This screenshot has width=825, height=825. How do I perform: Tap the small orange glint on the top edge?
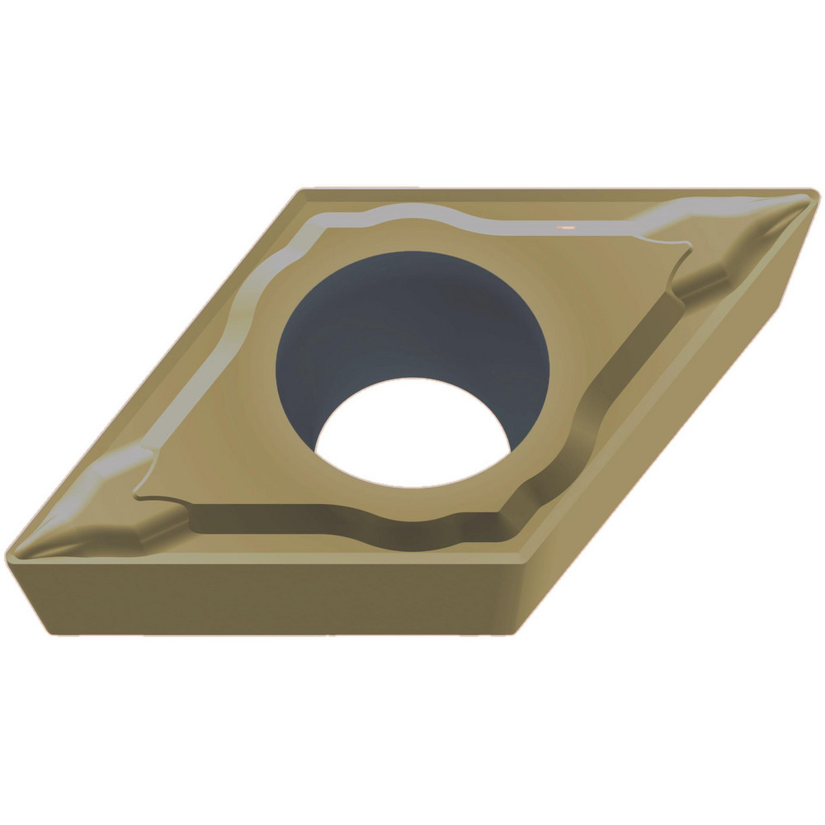(567, 226)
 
